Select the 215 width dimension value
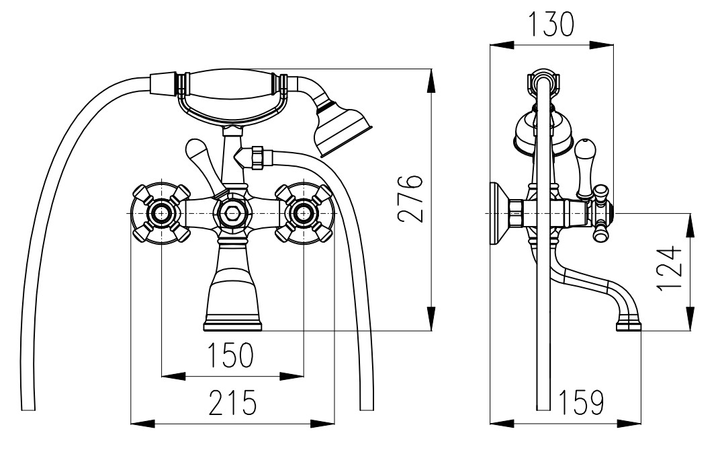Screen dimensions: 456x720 tap(232, 403)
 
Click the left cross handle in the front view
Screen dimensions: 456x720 tap(162, 213)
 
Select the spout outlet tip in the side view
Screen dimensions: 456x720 tap(629, 326)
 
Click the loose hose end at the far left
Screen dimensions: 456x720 tap(28, 404)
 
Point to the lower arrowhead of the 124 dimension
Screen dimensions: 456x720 tap(688, 321)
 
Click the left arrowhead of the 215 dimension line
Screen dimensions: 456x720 tap(138, 423)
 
